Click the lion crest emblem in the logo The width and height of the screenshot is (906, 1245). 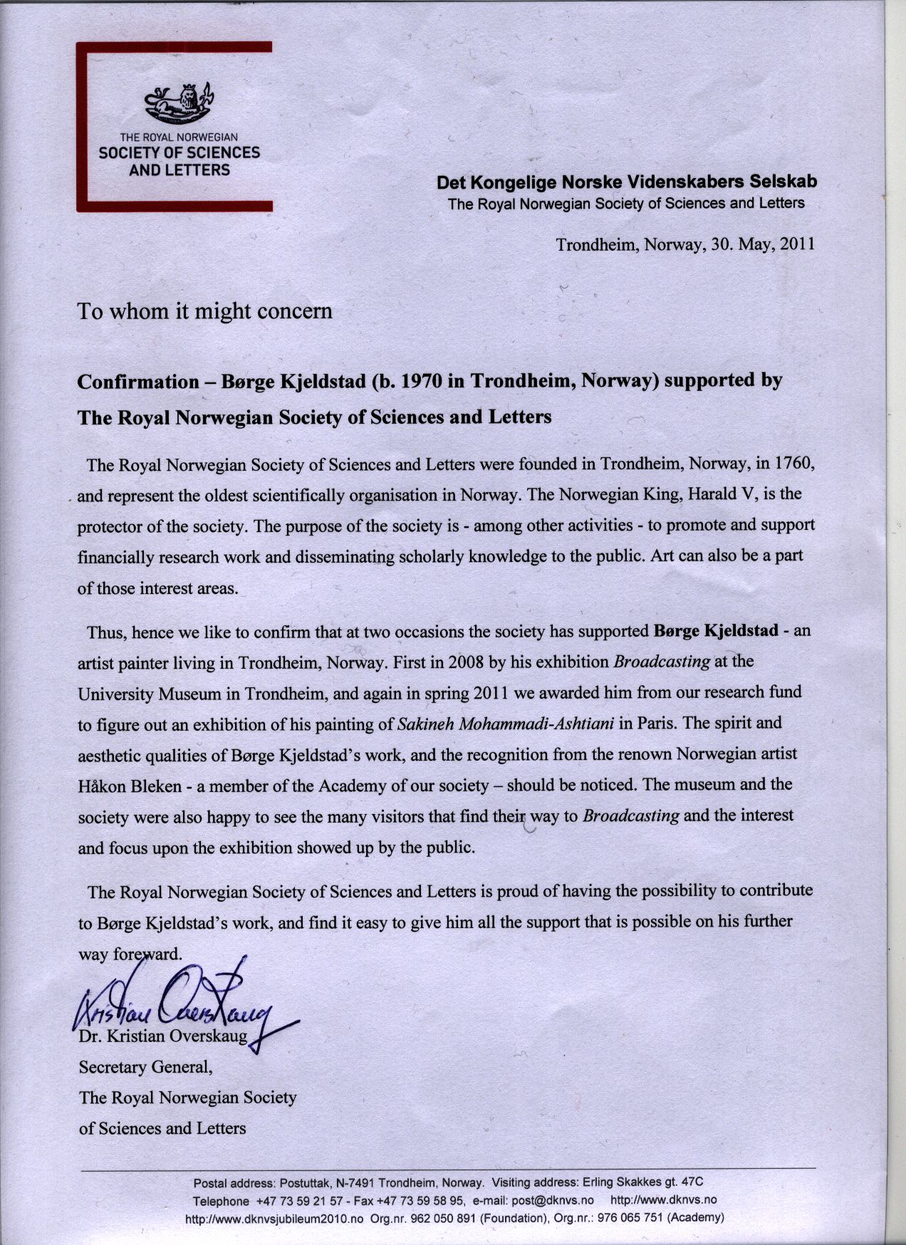[x=178, y=103]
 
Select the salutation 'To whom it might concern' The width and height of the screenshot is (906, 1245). [x=204, y=311]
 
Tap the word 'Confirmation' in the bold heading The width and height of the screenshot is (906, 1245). [x=137, y=382]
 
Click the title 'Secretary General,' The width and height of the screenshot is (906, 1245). [x=145, y=1067]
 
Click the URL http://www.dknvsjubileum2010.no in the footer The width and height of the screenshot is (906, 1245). [x=275, y=1218]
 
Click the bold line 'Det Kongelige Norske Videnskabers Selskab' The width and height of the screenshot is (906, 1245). [x=627, y=182]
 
